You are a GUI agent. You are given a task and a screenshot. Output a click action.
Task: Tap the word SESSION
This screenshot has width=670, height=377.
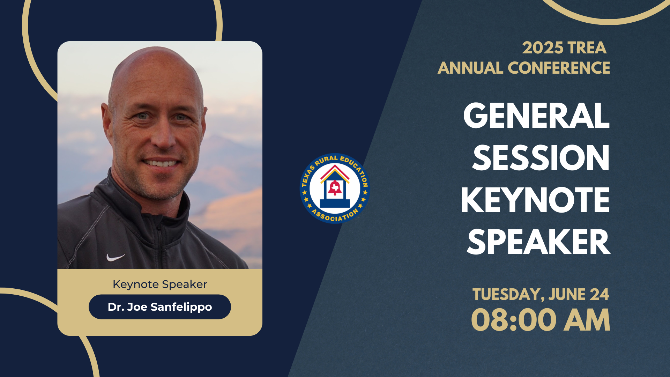coord(541,158)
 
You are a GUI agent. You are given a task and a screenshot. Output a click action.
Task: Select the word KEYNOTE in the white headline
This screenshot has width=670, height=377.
coord(535,200)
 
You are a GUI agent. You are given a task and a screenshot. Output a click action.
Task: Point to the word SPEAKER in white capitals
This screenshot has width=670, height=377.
coord(538,242)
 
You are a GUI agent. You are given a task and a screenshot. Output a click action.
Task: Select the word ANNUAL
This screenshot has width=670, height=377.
coord(470,68)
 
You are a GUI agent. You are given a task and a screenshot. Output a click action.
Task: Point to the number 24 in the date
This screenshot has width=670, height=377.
coord(599,294)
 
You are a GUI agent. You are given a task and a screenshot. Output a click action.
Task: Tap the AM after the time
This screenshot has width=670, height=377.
coord(587,320)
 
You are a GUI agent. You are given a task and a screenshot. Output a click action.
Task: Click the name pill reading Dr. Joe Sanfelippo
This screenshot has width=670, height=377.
coord(160,307)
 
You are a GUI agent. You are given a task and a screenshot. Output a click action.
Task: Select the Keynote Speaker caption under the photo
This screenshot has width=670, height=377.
coord(160,284)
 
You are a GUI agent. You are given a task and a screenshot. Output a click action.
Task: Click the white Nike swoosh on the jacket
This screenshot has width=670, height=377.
coord(115,258)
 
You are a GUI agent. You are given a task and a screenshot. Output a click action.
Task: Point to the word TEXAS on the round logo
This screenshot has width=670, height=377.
coord(307,176)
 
